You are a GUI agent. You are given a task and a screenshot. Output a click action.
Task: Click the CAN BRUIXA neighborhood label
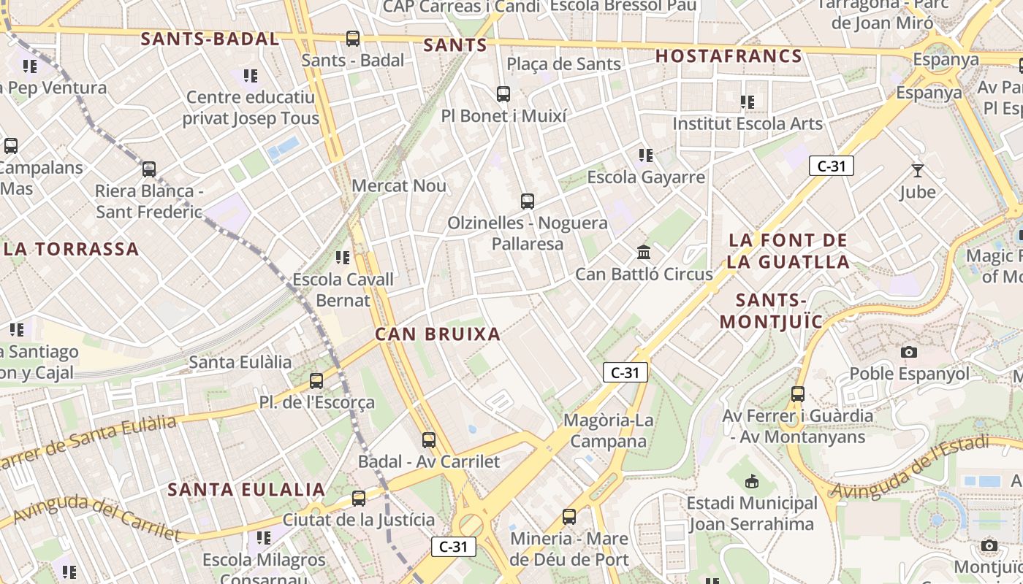438,334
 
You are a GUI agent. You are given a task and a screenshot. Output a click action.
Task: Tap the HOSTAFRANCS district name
729,56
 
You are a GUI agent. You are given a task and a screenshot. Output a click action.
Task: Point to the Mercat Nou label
399,185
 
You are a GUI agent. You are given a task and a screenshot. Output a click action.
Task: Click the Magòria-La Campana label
609,431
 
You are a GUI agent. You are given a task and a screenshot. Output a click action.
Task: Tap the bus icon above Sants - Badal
353,39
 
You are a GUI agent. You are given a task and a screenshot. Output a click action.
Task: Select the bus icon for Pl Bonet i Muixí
503,94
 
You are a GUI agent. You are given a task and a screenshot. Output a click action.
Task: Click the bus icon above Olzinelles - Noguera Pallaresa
528,201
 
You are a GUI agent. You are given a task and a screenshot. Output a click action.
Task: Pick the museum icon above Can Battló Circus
644,253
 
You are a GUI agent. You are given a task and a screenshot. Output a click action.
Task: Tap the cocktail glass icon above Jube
918,171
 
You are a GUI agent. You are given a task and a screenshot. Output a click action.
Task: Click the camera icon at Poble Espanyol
909,352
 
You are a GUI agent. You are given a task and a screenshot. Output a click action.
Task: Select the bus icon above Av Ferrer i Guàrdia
798,394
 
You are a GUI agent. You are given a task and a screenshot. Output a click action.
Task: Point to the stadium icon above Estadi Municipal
752,482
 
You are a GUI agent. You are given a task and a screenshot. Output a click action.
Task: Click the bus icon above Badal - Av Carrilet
429,440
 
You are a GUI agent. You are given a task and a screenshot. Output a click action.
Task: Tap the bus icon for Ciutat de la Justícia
359,499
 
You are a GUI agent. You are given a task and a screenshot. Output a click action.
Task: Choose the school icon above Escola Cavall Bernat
343,258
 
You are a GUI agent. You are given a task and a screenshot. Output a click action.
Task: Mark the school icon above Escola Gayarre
646,155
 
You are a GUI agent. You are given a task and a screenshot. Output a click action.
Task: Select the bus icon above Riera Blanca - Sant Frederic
149,169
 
